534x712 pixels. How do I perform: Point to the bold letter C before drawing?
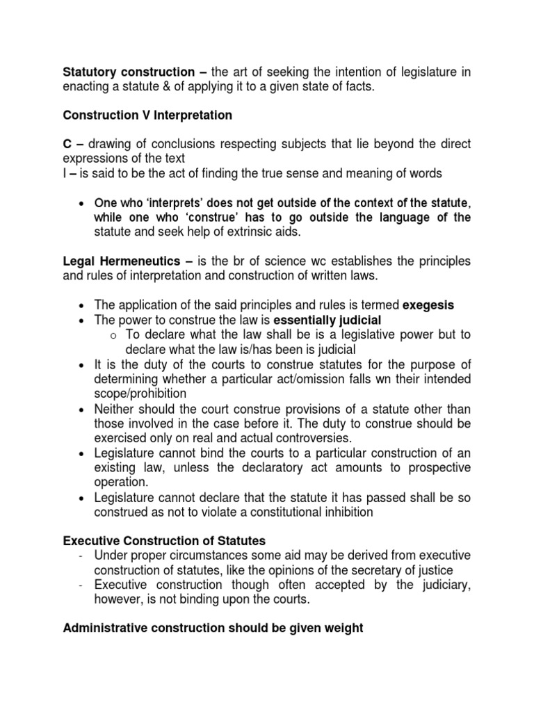[67, 144]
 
